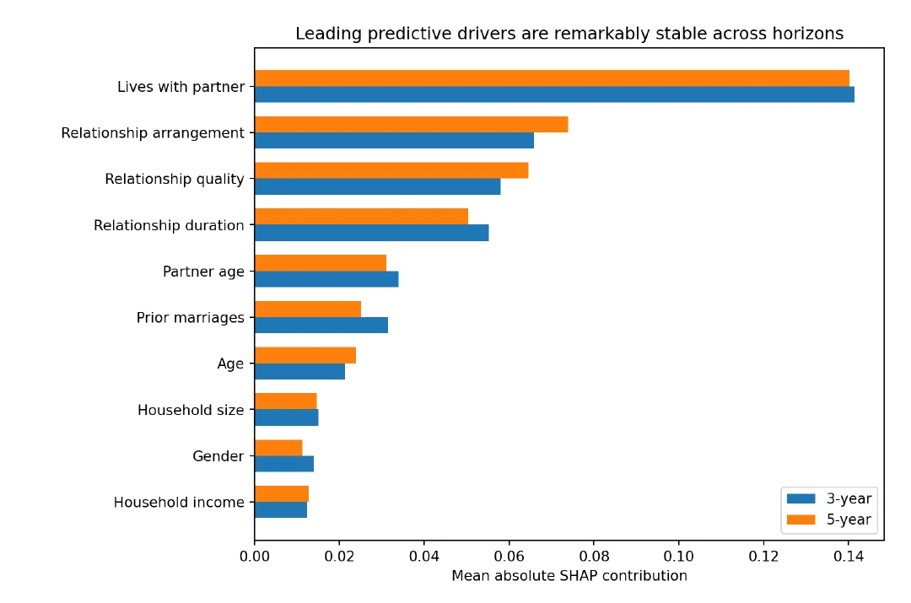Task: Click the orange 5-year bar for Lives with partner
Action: click(552, 78)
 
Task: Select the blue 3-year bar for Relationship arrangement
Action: click(395, 141)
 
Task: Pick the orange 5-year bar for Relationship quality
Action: click(391, 171)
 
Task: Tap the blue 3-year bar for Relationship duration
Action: click(372, 233)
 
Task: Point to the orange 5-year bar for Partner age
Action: click(321, 263)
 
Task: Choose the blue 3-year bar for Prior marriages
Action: click(321, 326)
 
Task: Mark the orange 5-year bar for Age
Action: click(305, 356)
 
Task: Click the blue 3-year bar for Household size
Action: click(287, 417)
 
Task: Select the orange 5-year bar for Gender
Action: click(279, 448)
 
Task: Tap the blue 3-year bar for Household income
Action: click(281, 510)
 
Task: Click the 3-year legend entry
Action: click(829, 498)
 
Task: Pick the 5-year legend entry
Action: click(829, 520)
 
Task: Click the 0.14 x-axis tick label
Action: click(849, 557)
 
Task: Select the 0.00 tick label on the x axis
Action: click(255, 557)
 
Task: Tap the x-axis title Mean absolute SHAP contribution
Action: click(569, 576)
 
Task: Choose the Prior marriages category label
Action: click(191, 318)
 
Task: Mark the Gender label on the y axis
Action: click(218, 456)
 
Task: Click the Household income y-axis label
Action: click(179, 503)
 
